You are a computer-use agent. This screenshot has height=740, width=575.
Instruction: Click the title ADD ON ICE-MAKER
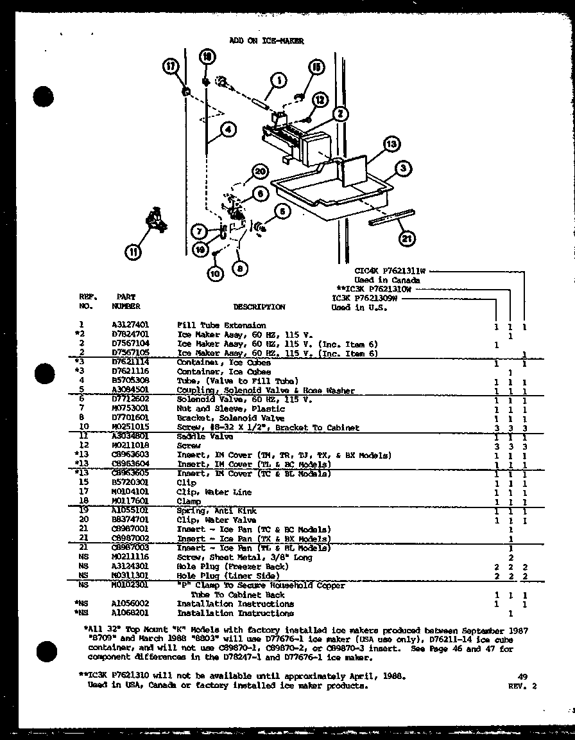point(266,40)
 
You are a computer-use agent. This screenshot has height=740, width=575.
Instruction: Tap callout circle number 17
point(171,66)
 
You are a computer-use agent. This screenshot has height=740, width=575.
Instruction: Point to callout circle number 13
point(391,145)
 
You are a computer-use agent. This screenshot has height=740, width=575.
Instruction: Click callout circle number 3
point(402,169)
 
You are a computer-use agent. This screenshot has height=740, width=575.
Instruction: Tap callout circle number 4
point(227,131)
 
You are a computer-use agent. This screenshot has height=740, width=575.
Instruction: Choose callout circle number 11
point(133,252)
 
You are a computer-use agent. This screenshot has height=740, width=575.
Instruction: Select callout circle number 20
point(259,172)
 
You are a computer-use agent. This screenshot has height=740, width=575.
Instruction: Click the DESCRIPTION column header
point(259,307)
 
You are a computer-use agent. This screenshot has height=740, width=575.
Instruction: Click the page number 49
point(522,676)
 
